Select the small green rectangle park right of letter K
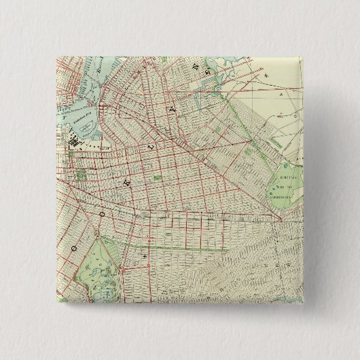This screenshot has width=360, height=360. tap(158, 178)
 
